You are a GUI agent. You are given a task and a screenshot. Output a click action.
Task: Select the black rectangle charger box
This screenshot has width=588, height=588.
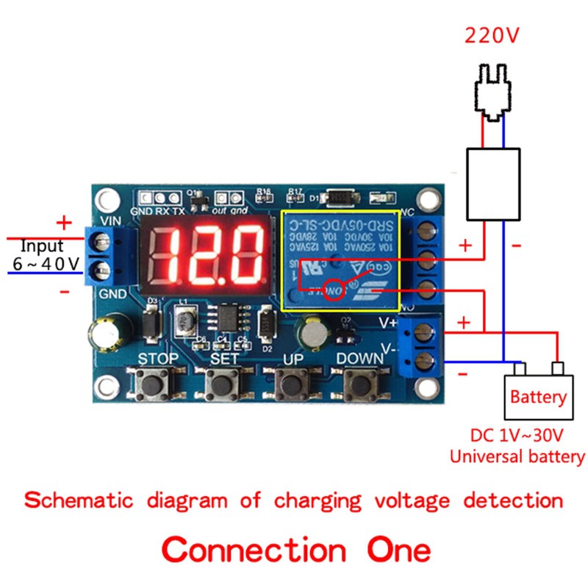click(494, 184)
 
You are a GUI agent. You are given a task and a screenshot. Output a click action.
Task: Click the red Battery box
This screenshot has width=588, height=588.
click(539, 398)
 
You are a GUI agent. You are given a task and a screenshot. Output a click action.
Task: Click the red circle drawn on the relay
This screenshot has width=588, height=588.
click(335, 290)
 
